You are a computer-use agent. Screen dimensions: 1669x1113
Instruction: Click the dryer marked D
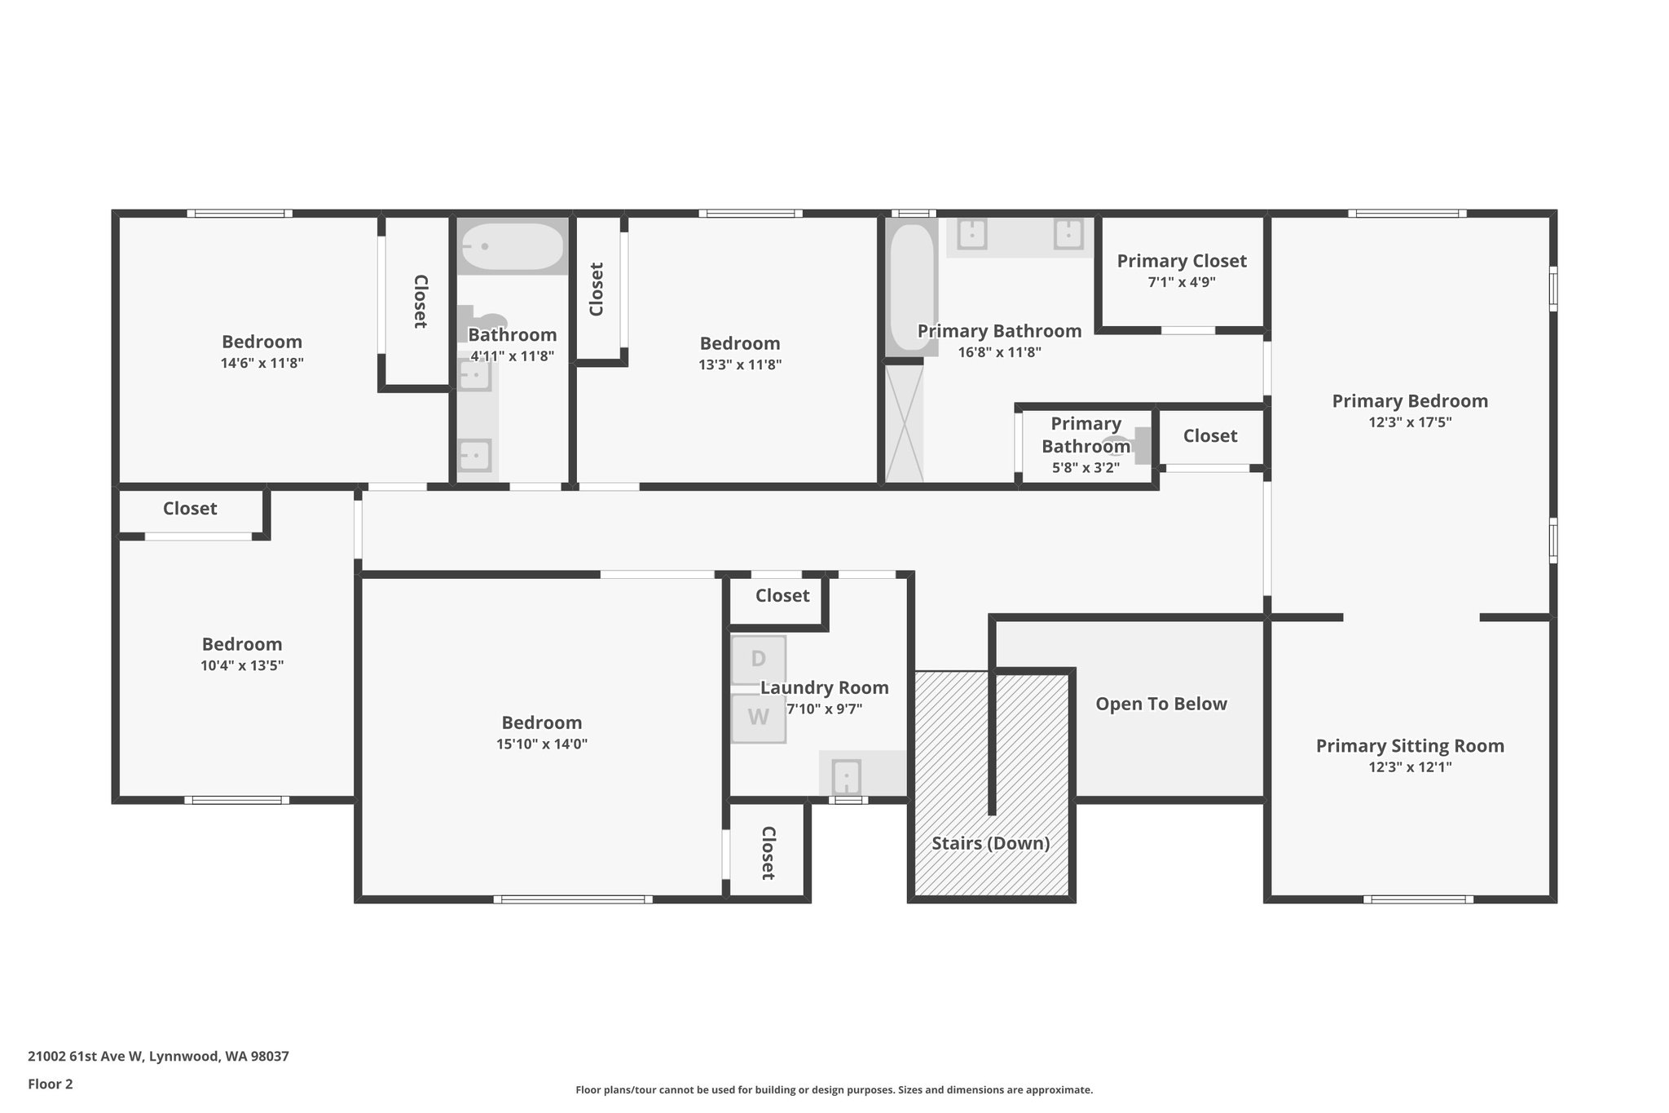pyautogui.click(x=758, y=660)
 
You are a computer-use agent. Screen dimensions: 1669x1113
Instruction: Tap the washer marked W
pyautogui.click(x=758, y=718)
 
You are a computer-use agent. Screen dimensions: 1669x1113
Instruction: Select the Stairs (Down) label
pyautogui.click(x=991, y=843)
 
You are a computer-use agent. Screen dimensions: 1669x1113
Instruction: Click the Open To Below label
pyautogui.click(x=1161, y=704)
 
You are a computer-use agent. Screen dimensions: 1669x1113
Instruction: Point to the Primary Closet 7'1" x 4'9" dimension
pyautogui.click(x=1182, y=282)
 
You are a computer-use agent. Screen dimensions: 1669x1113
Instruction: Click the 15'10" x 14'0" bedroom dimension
pyautogui.click(x=542, y=744)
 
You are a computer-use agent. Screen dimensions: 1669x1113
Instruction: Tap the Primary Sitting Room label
pyautogui.click(x=1410, y=746)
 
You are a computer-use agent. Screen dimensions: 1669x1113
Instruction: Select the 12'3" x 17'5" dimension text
pyautogui.click(x=1410, y=422)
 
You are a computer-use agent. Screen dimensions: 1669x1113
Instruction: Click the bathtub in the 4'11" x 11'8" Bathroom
pyautogui.click(x=511, y=246)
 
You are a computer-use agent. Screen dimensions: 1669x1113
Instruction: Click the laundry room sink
pyautogui.click(x=847, y=775)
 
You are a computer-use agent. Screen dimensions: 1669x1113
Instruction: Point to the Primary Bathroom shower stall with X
pyautogui.click(x=905, y=423)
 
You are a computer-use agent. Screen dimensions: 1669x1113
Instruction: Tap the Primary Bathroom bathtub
pyautogui.click(x=912, y=287)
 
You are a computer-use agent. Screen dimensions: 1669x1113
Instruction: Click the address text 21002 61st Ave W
pyautogui.click(x=86, y=1057)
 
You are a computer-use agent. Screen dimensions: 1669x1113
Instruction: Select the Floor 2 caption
pyautogui.click(x=51, y=1084)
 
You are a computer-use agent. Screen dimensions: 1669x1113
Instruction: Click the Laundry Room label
pyautogui.click(x=825, y=688)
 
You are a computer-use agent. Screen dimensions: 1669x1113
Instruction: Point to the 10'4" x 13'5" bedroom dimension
pyautogui.click(x=242, y=665)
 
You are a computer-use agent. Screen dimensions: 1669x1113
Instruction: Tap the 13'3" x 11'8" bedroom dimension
pyautogui.click(x=740, y=364)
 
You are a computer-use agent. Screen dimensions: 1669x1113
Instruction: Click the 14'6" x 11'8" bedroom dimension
pyautogui.click(x=262, y=363)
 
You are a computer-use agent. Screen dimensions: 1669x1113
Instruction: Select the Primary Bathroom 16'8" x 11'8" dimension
pyautogui.click(x=1000, y=352)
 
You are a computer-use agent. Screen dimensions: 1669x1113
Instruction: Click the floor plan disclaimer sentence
pyautogui.click(x=834, y=1090)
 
